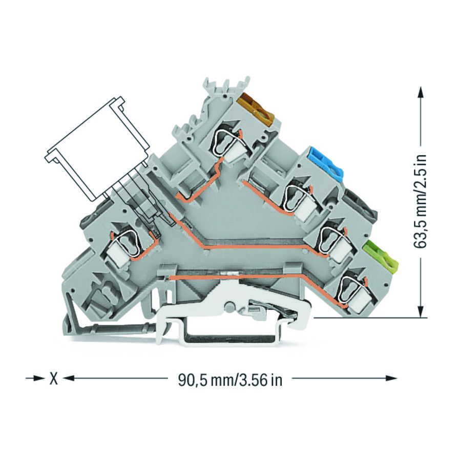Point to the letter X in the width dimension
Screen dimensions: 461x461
tap(53, 379)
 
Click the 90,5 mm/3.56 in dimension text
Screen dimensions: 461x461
tap(230, 380)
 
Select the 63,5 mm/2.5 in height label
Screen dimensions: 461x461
tap(421, 201)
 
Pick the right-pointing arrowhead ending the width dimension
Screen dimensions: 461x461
tap(390, 379)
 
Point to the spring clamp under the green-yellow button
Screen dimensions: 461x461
tap(351, 290)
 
